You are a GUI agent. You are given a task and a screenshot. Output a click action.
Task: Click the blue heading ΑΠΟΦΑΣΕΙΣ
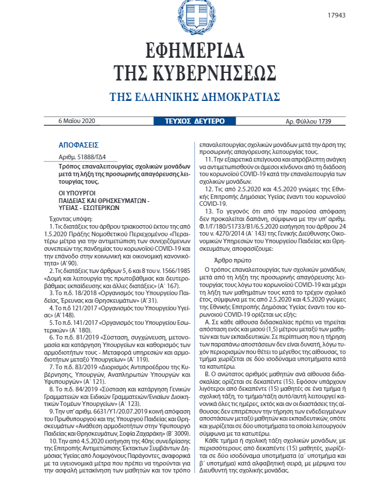click(x=79, y=144)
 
